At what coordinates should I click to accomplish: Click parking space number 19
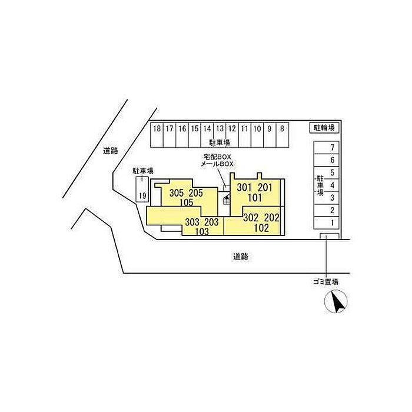tap(142, 195)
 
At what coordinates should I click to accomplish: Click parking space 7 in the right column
tap(333, 147)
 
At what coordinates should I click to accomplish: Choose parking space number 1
tap(333, 222)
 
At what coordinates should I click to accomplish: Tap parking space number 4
tap(333, 185)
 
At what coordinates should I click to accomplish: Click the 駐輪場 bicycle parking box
tap(324, 127)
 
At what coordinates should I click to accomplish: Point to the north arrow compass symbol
tap(337, 303)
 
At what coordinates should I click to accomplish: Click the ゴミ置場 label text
tap(325, 282)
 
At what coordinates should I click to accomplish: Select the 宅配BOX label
tap(218, 157)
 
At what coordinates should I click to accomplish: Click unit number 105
tap(187, 202)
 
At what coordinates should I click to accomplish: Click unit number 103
tap(201, 231)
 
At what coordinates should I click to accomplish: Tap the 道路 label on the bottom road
tap(240, 257)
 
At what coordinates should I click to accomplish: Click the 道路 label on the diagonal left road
tap(110, 151)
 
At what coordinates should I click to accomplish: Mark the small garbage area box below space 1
tap(329, 237)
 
